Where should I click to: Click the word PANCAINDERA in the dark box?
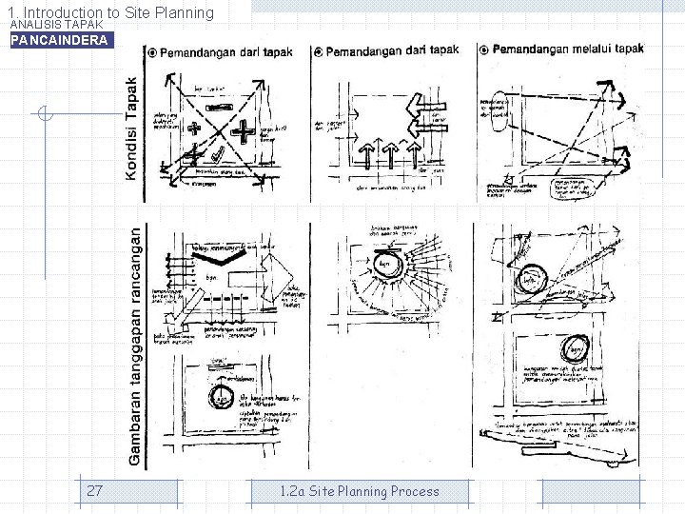pyautogui.click(x=59, y=41)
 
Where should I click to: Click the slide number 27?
pyautogui.click(x=94, y=491)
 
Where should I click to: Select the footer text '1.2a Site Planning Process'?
pyautogui.click(x=360, y=491)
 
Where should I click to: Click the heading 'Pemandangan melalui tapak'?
pyautogui.click(x=568, y=49)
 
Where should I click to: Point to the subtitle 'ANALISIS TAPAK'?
pyautogui.click(x=56, y=24)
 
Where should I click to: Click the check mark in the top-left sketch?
pyautogui.click(x=221, y=152)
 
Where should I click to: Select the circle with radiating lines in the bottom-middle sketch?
pyautogui.click(x=384, y=266)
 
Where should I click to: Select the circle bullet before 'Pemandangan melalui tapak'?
pyautogui.click(x=484, y=49)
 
